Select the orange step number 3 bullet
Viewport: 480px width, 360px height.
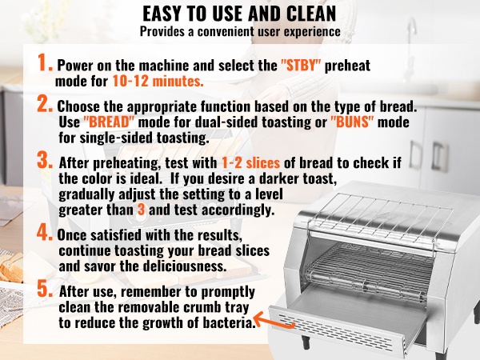pos(45,160)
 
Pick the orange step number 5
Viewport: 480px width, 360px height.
pos(45,289)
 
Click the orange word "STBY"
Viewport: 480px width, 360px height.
pos(301,66)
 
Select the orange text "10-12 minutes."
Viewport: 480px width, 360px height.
pos(158,81)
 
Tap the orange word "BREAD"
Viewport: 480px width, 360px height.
pos(109,122)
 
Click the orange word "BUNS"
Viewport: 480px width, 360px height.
pos(352,122)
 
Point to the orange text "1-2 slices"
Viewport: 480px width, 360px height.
pos(250,163)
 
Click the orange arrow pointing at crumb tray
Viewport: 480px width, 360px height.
pos(274,320)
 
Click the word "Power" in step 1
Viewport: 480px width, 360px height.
pos(75,66)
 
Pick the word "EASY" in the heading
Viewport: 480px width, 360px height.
pos(162,14)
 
